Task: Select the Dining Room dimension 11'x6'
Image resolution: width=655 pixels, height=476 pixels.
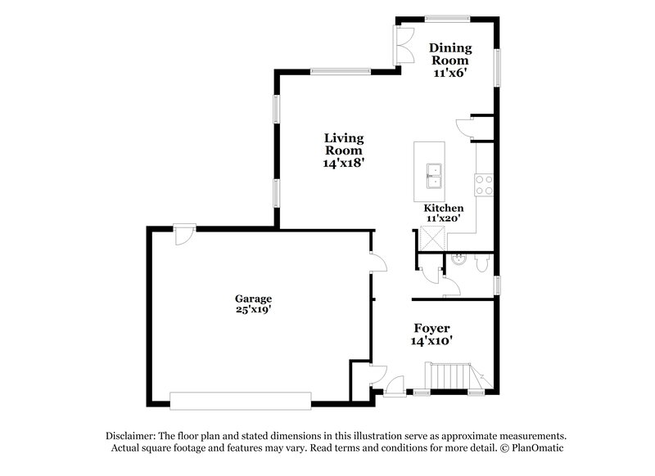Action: click(450, 73)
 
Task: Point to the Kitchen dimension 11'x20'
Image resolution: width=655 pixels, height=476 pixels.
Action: click(443, 218)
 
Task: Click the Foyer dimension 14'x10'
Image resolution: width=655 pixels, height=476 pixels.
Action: click(431, 341)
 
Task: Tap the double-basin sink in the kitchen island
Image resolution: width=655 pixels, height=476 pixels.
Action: click(433, 174)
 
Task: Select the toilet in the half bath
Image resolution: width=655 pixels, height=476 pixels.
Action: click(483, 263)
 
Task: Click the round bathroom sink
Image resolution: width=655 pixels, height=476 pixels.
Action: click(459, 263)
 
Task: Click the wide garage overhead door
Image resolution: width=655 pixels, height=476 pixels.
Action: click(241, 399)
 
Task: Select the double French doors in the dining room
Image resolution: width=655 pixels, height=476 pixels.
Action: click(404, 43)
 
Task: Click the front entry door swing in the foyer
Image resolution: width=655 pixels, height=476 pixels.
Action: click(395, 384)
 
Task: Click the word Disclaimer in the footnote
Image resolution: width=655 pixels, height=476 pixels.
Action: click(131, 436)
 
